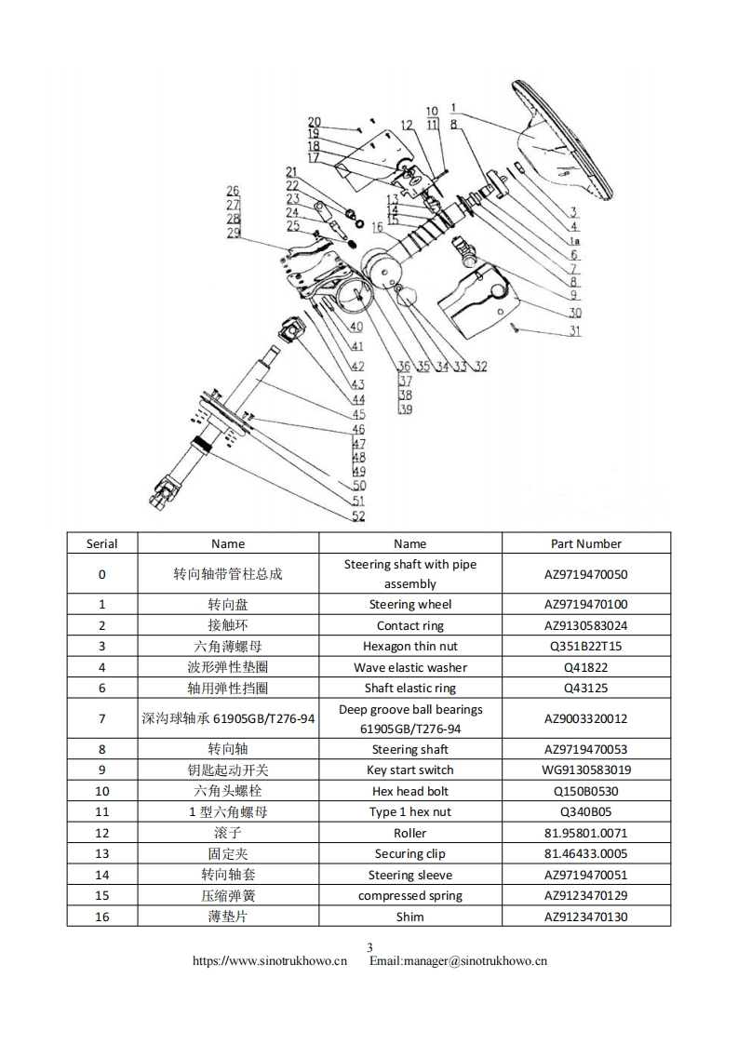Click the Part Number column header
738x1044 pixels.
click(x=585, y=543)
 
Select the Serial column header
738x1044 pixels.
click(x=101, y=543)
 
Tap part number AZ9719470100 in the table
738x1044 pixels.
click(x=585, y=604)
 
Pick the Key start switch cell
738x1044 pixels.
click(x=409, y=770)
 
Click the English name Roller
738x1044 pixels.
click(x=409, y=833)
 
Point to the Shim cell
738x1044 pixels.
click(x=409, y=917)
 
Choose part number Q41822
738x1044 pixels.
click(x=585, y=667)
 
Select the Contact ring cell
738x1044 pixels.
click(x=409, y=625)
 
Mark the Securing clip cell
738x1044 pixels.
click(x=409, y=853)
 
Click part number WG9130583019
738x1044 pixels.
click(x=585, y=770)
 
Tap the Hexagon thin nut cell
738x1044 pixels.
click(x=409, y=646)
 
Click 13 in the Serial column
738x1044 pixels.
click(x=101, y=853)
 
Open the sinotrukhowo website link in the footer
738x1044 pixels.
click(x=269, y=961)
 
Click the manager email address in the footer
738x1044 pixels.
click(x=458, y=961)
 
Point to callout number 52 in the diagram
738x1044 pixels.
click(x=358, y=516)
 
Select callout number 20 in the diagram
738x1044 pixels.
click(x=315, y=122)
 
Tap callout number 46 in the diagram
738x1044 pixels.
click(x=358, y=430)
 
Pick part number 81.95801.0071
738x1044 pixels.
click(x=585, y=833)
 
